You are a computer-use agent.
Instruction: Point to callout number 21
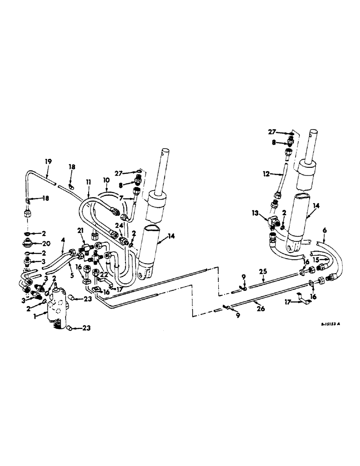[80, 231]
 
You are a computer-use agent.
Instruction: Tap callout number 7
[120, 198]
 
